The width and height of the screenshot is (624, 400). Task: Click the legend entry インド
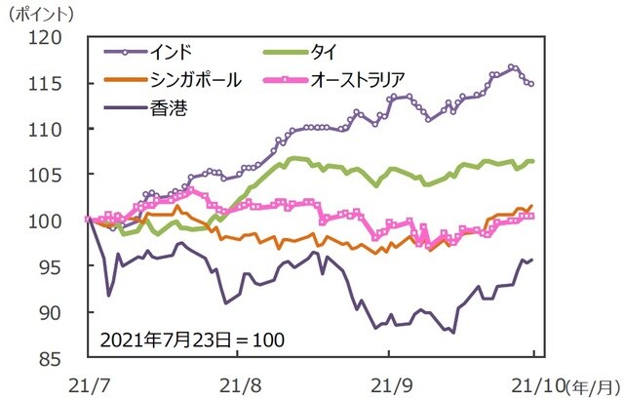[174, 51]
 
